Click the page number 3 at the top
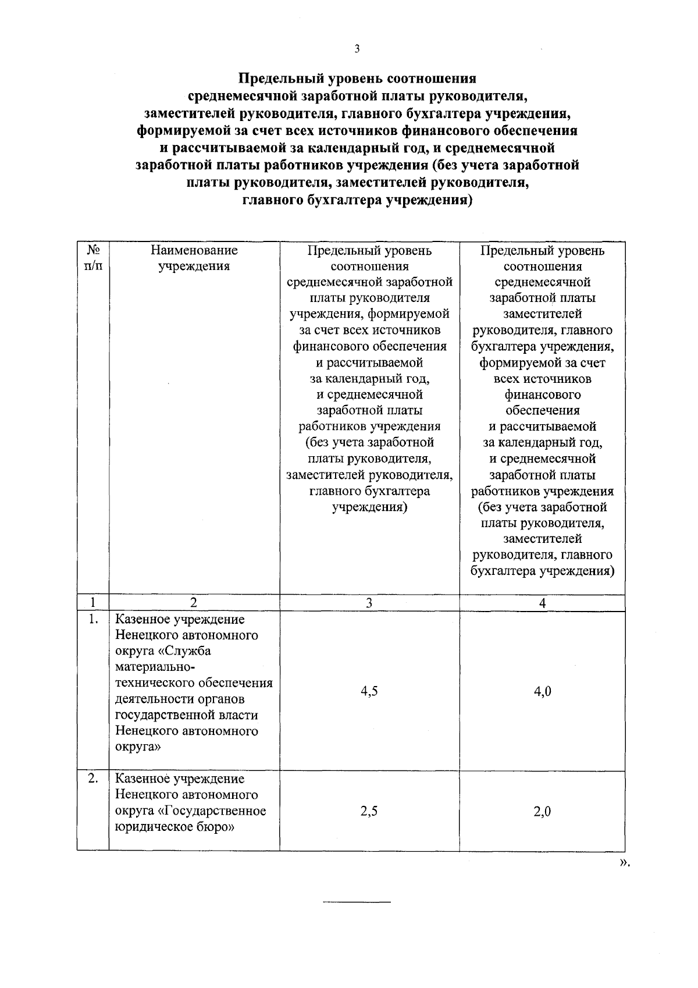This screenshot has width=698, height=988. [357, 49]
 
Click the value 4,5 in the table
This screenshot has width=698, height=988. [369, 691]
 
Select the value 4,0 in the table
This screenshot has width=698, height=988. [542, 691]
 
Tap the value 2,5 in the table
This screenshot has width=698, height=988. [369, 811]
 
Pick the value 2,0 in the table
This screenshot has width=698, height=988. [542, 811]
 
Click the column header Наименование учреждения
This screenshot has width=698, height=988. [194, 258]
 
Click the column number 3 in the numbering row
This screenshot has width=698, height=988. [369, 603]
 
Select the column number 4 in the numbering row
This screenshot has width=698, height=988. [542, 603]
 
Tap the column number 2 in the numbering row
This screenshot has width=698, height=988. [194, 603]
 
